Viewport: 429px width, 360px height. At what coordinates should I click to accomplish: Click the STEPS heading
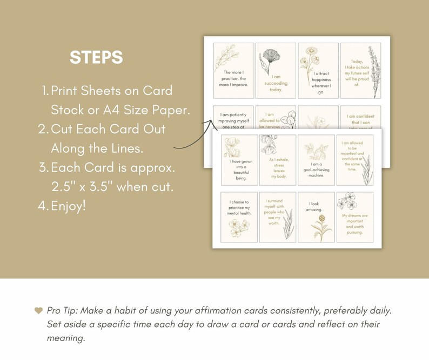[96, 57]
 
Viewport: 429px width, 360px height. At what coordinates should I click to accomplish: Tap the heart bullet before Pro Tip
[38, 310]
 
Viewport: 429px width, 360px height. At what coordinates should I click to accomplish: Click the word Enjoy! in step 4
[68, 206]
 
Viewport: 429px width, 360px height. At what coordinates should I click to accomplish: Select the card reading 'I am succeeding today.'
[276, 71]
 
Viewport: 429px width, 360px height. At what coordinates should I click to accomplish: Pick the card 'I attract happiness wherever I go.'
[318, 71]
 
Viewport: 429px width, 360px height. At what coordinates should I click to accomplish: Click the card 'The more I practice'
[233, 71]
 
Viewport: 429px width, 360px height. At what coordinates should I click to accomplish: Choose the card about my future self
[360, 71]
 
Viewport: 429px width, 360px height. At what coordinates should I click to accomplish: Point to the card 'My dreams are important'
[354, 217]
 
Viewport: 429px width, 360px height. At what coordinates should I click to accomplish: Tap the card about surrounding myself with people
[278, 217]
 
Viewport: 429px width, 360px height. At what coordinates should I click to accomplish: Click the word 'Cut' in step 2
[61, 130]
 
